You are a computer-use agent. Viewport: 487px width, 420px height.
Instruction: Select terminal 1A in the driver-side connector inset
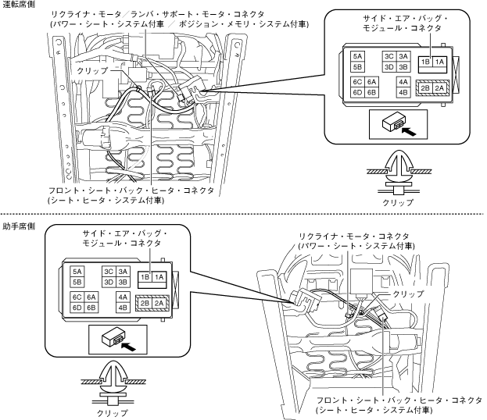click(439, 62)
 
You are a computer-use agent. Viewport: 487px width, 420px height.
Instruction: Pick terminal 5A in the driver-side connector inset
click(358, 56)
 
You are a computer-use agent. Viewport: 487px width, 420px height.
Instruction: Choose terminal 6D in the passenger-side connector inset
click(77, 308)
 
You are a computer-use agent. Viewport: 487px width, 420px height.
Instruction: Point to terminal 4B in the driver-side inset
click(403, 92)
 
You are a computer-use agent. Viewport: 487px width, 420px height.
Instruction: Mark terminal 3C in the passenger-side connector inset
click(109, 271)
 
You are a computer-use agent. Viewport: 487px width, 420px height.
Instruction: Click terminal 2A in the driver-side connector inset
click(439, 88)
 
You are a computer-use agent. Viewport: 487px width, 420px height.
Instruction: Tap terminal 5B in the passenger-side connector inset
click(77, 282)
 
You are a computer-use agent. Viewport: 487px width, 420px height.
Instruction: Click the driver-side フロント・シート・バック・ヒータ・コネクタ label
click(132, 190)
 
